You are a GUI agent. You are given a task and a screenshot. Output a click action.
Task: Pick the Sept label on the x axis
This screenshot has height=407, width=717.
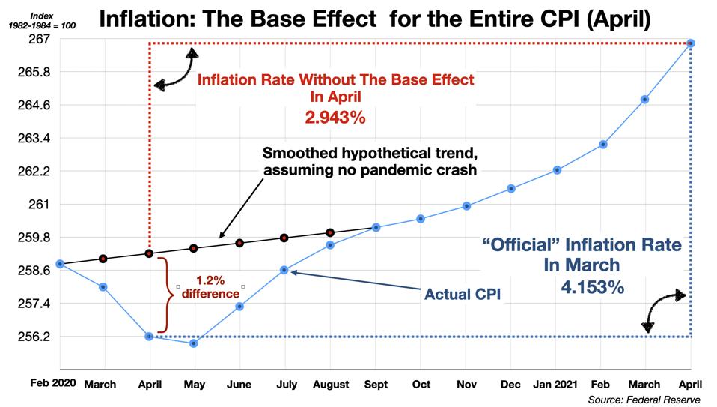point(376,384)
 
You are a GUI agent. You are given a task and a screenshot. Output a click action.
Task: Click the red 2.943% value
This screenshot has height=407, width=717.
point(335,118)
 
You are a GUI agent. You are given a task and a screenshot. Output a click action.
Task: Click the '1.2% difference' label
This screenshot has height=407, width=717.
point(210,287)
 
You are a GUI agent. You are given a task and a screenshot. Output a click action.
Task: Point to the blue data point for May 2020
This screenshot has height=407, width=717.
point(194,343)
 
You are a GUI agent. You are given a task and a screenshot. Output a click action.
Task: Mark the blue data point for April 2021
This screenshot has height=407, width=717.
point(691,43)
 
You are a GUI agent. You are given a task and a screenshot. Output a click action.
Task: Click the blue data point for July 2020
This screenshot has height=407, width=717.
point(284,270)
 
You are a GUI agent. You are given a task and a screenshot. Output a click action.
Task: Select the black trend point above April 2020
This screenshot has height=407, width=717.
point(149,253)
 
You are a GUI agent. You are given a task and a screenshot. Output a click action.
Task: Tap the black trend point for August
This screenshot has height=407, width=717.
point(330,232)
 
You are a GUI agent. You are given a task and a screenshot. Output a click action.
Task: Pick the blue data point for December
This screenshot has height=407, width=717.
point(511,188)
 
